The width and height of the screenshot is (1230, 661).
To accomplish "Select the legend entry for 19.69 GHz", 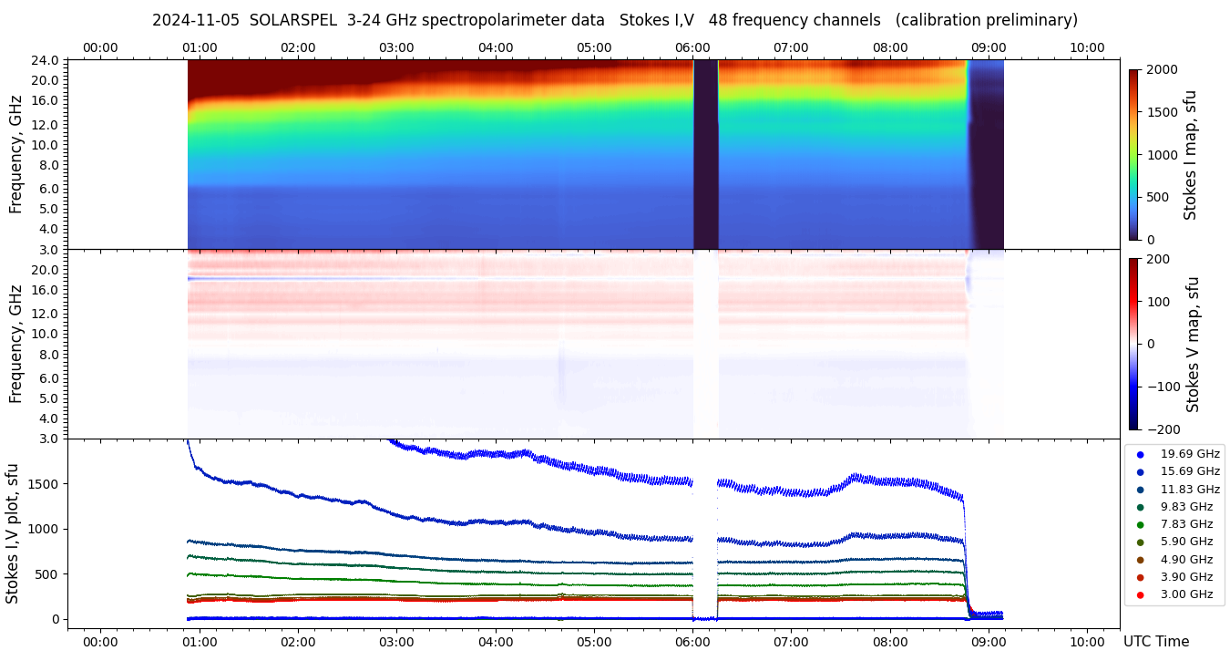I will click(x=1189, y=454).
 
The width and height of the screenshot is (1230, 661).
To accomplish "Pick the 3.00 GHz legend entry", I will click(x=1185, y=594).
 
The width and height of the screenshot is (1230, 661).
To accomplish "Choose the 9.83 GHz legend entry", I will click(x=1185, y=507).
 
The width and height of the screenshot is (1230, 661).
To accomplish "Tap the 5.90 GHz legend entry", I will click(x=1185, y=542).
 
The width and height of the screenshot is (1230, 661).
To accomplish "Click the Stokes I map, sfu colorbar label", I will click(x=1190, y=155).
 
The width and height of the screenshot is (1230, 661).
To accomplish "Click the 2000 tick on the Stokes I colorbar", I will click(x=1161, y=70).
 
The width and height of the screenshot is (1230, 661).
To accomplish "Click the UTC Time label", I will click(x=1156, y=642).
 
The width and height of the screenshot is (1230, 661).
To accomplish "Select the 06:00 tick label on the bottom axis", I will click(x=692, y=642).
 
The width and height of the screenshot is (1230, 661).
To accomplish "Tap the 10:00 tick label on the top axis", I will click(x=1087, y=47).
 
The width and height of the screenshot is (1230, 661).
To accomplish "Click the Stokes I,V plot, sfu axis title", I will click(x=13, y=533).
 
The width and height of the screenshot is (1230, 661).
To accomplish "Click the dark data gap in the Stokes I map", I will click(x=705, y=155).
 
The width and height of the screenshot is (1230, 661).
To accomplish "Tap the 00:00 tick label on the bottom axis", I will click(x=100, y=642).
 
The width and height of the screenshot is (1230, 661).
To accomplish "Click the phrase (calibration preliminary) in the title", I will click(x=986, y=20).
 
